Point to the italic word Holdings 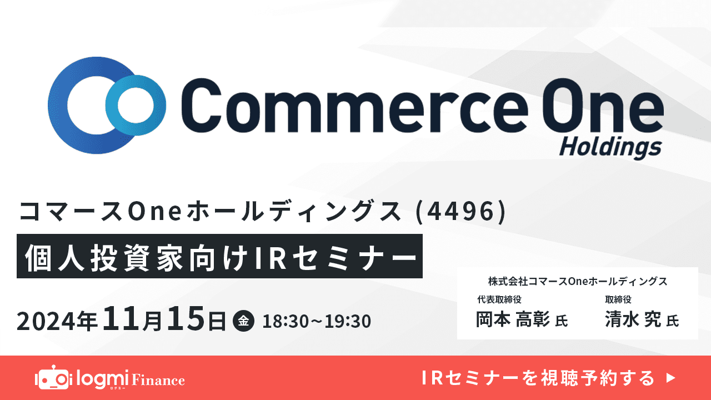610,147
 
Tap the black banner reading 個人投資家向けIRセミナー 219,256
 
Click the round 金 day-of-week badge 244,321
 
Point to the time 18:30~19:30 317,321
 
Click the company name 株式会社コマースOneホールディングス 578,281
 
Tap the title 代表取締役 499,300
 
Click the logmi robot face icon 53,379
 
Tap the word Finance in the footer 158,381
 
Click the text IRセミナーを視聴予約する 539,378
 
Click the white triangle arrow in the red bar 670,378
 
